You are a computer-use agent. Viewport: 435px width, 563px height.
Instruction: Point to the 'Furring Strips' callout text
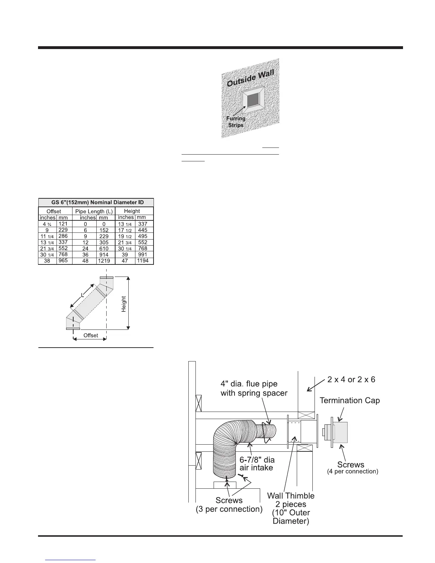(236, 122)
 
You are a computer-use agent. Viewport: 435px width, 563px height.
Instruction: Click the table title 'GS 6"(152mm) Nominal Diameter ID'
(96, 202)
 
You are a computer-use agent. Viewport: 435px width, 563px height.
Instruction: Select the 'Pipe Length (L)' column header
(94, 211)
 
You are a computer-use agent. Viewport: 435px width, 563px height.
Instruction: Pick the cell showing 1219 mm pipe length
(104, 261)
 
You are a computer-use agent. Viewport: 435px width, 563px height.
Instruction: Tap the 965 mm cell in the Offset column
(63, 261)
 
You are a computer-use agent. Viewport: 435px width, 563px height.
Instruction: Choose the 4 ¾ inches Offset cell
(47, 224)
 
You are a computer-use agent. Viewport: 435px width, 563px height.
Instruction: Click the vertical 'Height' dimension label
(124, 304)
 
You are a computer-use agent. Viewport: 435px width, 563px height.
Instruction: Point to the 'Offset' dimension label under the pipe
(91, 335)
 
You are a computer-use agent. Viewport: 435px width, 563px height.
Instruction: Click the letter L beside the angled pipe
(82, 295)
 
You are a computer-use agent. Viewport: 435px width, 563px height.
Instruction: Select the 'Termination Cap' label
(350, 401)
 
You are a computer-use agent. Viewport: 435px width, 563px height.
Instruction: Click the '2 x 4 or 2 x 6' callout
(351, 380)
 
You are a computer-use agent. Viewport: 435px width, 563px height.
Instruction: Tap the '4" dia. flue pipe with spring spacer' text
(254, 388)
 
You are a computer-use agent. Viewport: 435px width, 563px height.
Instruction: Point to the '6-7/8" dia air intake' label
(257, 463)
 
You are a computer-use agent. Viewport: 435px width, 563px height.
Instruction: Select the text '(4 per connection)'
(352, 472)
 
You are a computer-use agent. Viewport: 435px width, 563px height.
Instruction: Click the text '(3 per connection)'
(229, 509)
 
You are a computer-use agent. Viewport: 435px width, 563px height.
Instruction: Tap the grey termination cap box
(340, 433)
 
